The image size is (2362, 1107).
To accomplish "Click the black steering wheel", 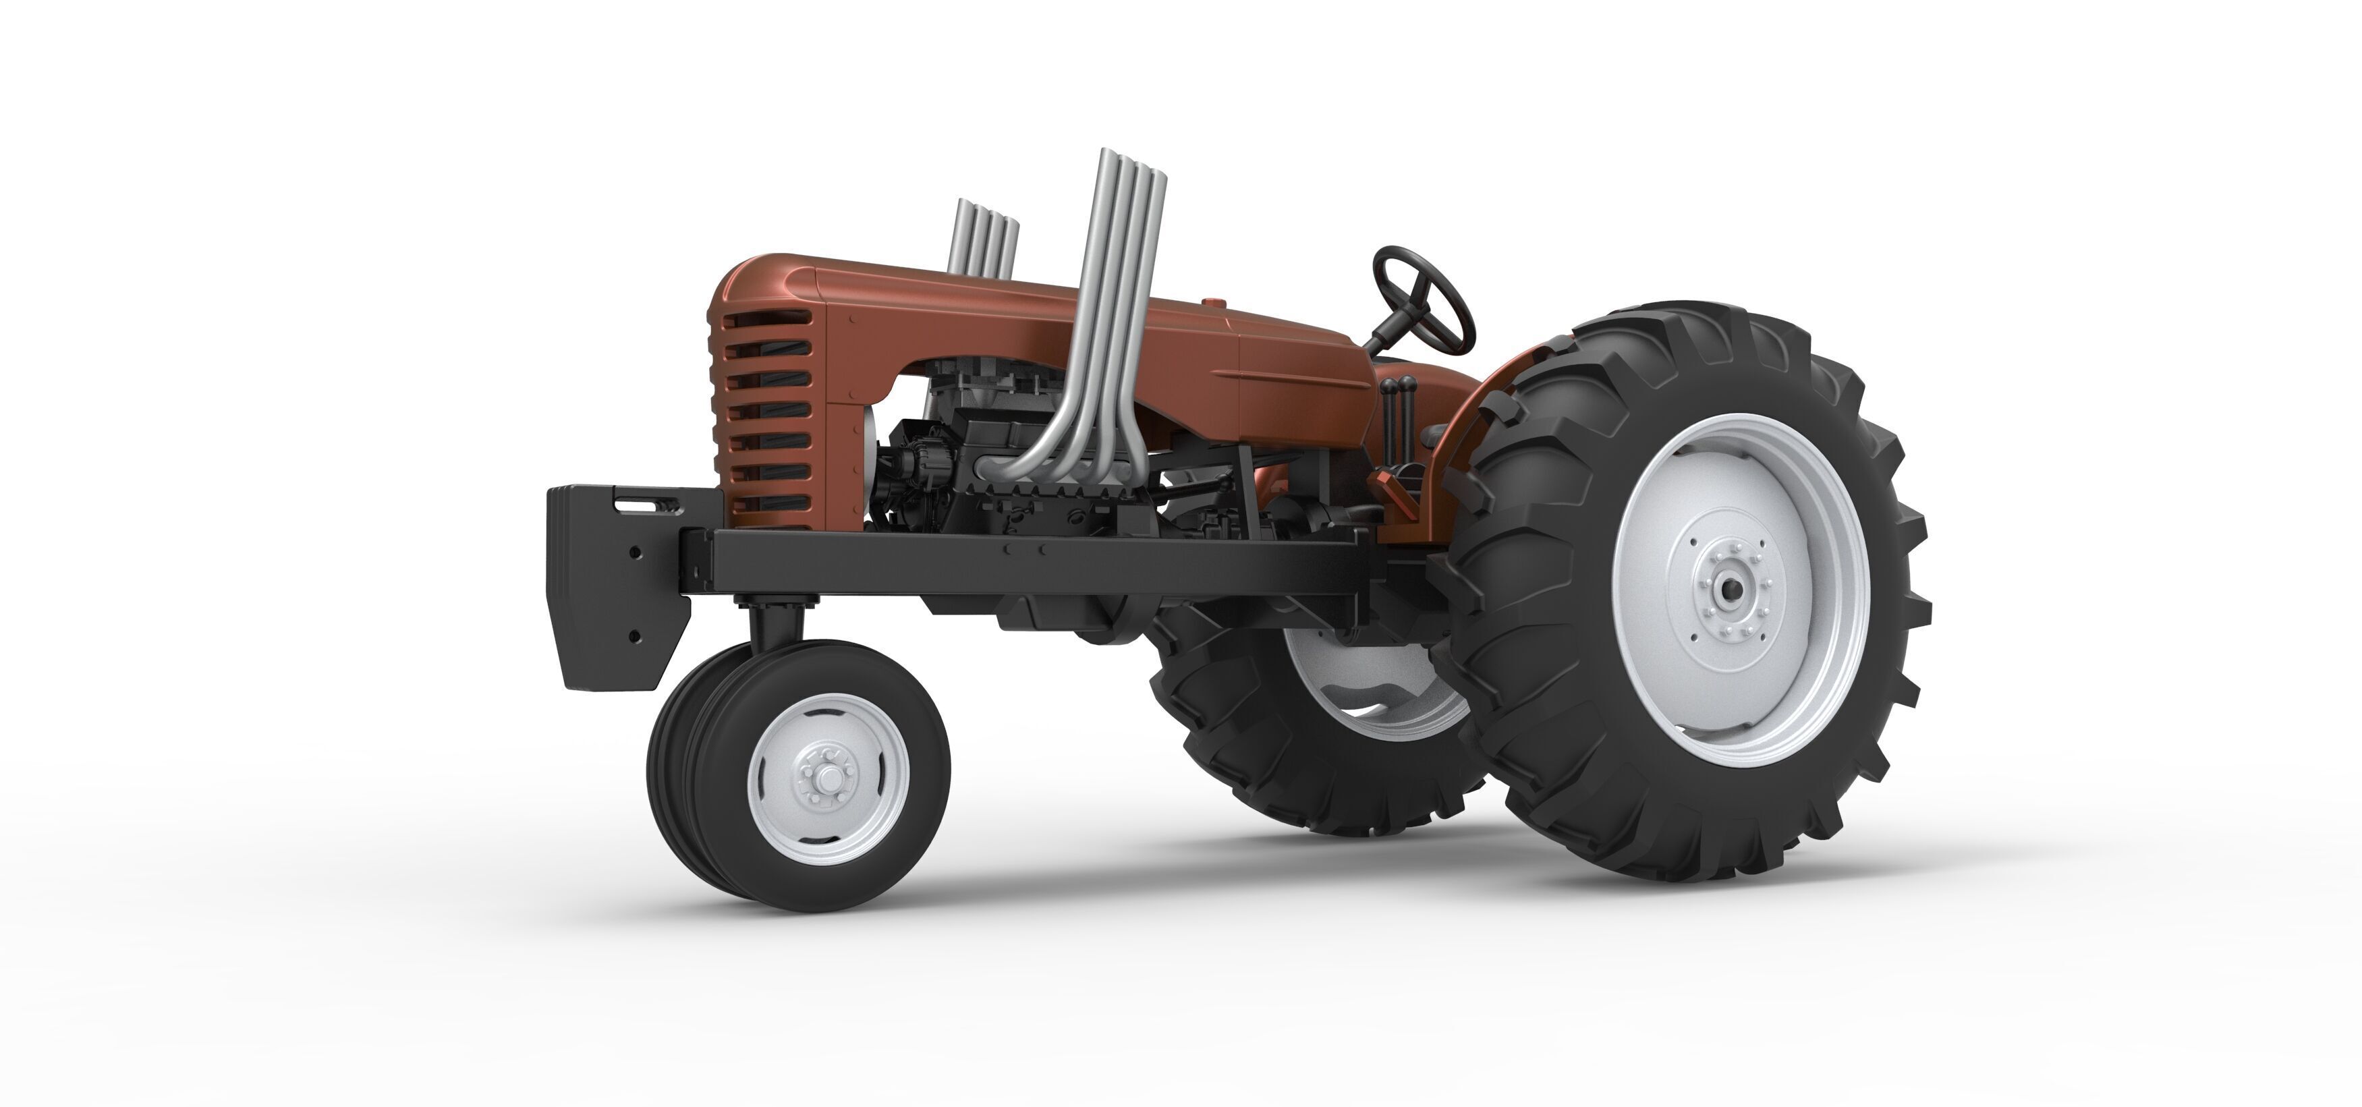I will pos(1422,299).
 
